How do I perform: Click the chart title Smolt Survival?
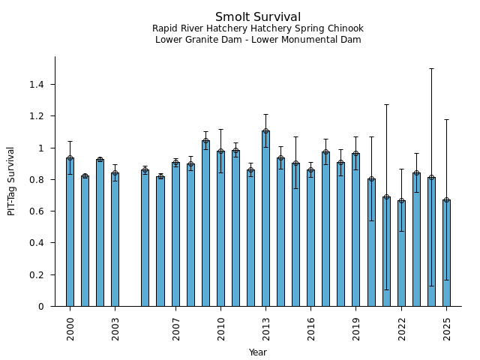pos(258,17)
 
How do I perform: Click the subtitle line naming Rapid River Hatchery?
pos(258,28)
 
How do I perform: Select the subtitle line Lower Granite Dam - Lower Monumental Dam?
pos(258,40)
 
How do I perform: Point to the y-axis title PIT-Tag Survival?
pos(11,181)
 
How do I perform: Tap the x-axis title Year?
pos(258,352)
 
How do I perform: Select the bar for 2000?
pos(70,232)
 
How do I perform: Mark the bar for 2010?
pos(220,229)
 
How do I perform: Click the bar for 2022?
pos(401,253)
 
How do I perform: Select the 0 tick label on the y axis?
pos(41,307)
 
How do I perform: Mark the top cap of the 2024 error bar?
pos(431,68)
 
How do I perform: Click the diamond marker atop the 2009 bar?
pos(205,140)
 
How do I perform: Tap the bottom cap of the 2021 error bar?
pos(386,289)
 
